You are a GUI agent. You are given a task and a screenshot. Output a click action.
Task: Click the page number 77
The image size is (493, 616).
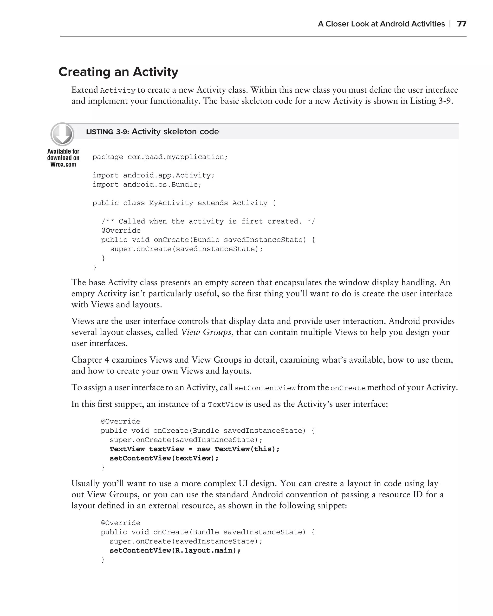coord(461,24)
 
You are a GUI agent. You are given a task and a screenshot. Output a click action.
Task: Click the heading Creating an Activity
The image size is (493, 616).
coord(118,72)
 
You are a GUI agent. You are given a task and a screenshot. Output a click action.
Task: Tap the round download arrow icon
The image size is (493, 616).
coord(62,134)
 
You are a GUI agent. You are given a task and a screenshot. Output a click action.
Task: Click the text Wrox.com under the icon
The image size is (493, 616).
coord(63,164)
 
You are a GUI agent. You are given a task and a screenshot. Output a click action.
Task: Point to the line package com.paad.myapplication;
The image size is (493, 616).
coord(160,157)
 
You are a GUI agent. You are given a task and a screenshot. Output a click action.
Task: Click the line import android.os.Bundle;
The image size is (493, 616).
coord(147,185)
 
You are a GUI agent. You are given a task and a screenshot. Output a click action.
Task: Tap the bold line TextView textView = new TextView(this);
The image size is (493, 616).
coord(194,449)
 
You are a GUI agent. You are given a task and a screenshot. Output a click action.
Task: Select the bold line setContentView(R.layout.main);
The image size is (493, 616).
coord(175,550)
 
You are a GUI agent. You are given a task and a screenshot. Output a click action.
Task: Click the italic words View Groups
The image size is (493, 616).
coord(206,332)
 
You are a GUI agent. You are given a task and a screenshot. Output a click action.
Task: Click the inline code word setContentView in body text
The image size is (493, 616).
coord(265,388)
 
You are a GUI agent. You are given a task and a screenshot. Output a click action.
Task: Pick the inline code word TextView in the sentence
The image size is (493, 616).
coord(225,404)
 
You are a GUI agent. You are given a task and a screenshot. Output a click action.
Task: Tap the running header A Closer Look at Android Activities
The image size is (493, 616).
coord(381,24)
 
